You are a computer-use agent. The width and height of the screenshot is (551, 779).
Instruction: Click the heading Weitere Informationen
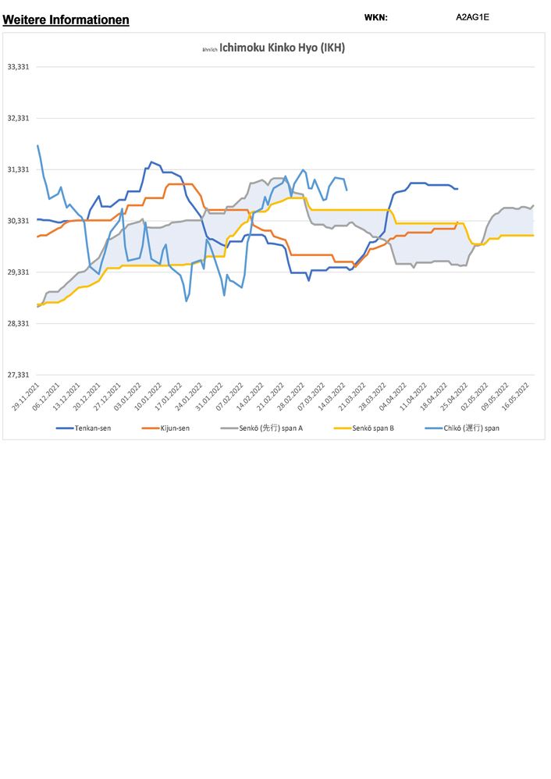66,20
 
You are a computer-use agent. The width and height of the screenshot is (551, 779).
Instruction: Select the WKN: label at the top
375,17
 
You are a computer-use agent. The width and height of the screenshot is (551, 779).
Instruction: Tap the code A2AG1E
472,16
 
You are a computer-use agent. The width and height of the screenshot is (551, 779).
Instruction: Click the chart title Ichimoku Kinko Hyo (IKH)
282,48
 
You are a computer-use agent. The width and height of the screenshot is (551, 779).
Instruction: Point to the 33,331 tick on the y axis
18,67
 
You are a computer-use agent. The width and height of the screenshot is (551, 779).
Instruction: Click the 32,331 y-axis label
18,118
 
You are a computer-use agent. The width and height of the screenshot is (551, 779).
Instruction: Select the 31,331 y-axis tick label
18,169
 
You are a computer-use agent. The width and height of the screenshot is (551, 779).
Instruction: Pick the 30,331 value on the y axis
18,221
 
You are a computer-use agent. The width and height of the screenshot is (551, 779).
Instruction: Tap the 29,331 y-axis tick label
18,272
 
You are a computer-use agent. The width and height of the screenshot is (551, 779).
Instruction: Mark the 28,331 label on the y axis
18,323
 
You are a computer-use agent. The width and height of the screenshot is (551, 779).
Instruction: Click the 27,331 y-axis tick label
18,375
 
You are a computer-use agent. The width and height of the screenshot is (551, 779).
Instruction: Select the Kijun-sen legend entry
172,428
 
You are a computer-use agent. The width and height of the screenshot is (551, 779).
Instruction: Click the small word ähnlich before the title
208,49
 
